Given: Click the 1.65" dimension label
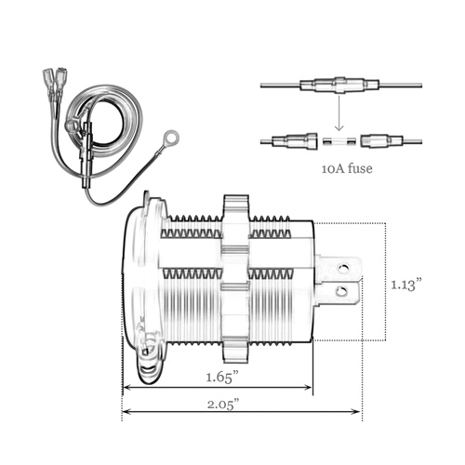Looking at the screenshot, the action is pyautogui.click(x=223, y=378).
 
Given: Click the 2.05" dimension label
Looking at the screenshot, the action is pyautogui.click(x=223, y=405).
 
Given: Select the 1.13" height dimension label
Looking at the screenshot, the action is pyautogui.click(x=406, y=285).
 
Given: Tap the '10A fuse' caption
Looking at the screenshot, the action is pyautogui.click(x=347, y=168).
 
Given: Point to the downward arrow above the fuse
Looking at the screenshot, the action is pyautogui.click(x=339, y=113).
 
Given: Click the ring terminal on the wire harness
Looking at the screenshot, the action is pyautogui.click(x=171, y=137).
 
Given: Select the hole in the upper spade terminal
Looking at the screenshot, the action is pyautogui.click(x=343, y=267).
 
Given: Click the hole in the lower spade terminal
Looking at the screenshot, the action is pyautogui.click(x=341, y=291).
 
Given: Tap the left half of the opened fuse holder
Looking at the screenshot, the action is pyautogui.click(x=295, y=140).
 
